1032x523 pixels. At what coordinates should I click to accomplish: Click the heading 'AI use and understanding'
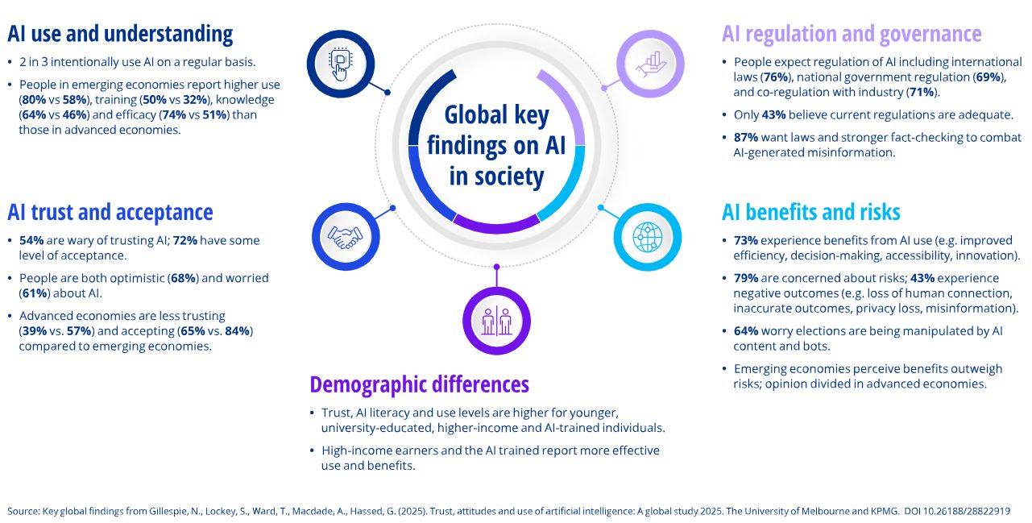tap(120, 34)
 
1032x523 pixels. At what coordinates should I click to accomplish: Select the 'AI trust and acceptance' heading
tap(110, 212)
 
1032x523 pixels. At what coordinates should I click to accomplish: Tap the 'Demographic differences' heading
tap(419, 384)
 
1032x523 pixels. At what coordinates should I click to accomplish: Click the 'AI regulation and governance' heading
tap(852, 34)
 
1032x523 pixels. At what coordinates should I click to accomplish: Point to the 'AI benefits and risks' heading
tap(810, 212)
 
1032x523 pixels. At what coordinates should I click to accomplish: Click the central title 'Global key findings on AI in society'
tap(496, 146)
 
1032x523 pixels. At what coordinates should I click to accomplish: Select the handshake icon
tap(345, 235)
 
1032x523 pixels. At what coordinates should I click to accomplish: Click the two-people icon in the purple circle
tap(496, 321)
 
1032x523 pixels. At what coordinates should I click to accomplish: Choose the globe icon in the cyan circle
tap(648, 236)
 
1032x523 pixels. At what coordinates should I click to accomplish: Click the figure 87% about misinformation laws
tap(746, 138)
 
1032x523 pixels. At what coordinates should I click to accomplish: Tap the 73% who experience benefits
tap(746, 240)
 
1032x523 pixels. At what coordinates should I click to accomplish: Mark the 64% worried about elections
tap(746, 331)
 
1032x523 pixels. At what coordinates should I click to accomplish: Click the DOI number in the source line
tap(964, 511)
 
